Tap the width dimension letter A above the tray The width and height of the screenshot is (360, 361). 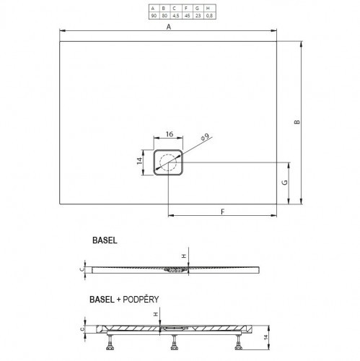(168, 27)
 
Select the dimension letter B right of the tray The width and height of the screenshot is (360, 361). (297, 122)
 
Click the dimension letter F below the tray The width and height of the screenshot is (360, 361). (222, 212)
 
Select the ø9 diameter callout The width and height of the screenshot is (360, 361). (204, 136)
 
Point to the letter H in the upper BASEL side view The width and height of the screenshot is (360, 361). (183, 256)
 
